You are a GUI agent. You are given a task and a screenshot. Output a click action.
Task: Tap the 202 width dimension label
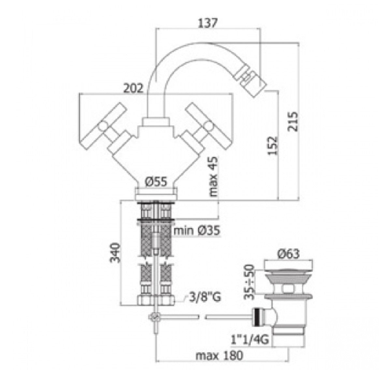[133, 88]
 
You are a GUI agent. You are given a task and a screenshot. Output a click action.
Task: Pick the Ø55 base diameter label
[156, 181]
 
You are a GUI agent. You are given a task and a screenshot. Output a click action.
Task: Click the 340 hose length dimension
[115, 252]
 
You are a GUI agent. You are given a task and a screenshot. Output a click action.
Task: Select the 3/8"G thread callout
[204, 297]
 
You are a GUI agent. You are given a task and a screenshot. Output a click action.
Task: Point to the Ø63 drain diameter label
[289, 254]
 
